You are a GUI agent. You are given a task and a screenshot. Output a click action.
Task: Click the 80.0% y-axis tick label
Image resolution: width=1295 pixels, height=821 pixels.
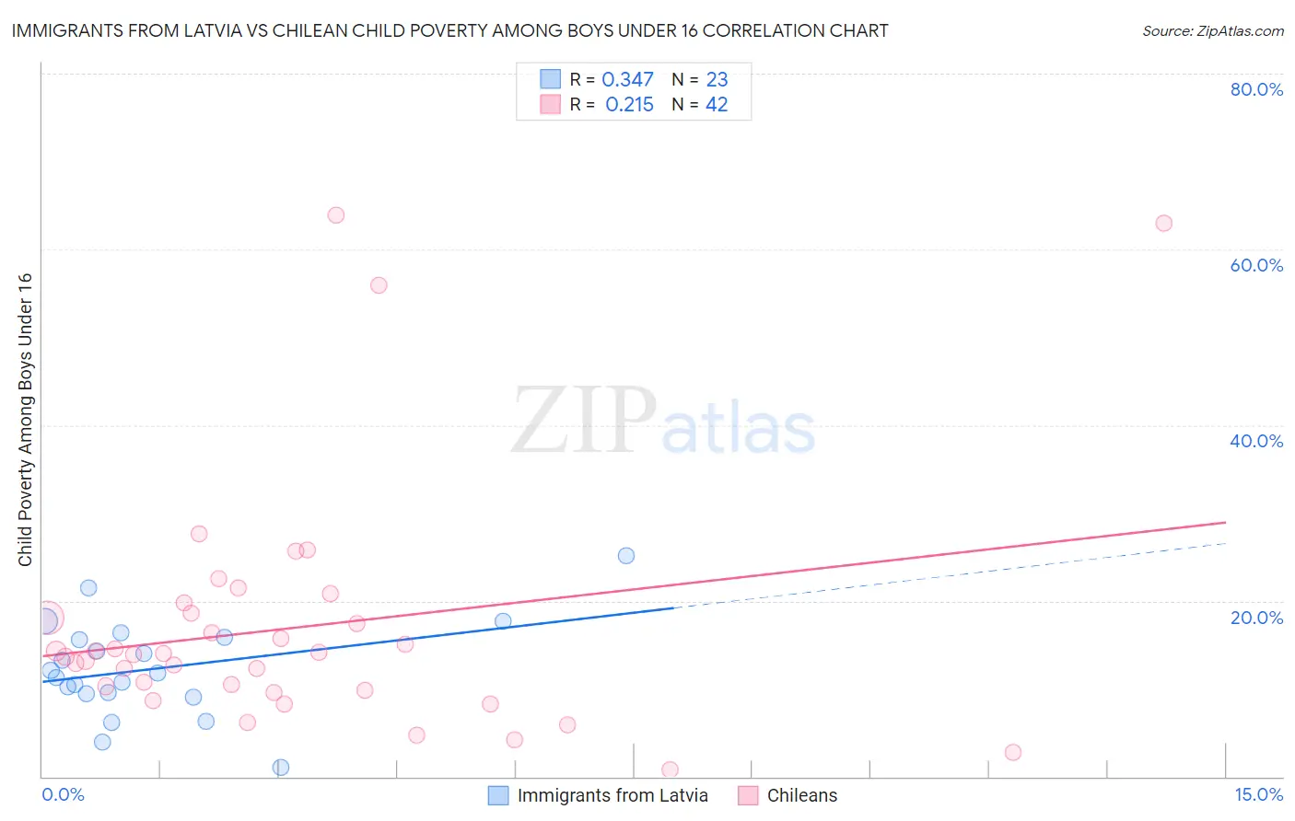tap(1256, 89)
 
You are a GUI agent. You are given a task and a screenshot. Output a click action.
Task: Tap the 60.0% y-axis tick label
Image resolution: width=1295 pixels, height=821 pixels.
tap(1256, 265)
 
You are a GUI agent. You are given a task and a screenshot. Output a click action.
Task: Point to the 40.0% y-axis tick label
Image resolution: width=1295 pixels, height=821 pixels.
tap(1256, 441)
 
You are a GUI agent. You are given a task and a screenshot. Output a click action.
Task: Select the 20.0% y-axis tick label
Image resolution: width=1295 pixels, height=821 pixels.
tap(1256, 618)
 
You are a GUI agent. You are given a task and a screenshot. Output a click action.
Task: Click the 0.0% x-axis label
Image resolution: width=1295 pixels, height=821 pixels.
tap(63, 794)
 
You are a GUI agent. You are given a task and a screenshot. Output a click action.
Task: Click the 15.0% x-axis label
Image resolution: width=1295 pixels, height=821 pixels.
tap(1258, 794)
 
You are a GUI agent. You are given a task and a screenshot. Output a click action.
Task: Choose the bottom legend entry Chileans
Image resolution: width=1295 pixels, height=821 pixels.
tap(801, 795)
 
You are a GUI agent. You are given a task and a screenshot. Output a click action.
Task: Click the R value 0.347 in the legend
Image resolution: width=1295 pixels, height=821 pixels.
tap(627, 80)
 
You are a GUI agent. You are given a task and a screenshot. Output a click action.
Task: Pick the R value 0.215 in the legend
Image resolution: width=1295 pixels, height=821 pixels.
tap(629, 105)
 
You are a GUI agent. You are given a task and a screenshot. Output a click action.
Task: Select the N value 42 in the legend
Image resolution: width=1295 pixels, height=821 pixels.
tap(717, 105)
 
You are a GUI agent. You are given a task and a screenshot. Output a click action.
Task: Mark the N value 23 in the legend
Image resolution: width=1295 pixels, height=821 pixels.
tap(717, 80)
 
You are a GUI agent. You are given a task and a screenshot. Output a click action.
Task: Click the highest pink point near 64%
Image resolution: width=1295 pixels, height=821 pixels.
tap(336, 215)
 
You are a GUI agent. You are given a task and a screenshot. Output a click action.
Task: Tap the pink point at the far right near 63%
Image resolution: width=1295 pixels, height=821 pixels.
tap(1163, 224)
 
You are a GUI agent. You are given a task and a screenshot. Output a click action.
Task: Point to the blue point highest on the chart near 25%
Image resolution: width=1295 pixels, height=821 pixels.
tap(626, 556)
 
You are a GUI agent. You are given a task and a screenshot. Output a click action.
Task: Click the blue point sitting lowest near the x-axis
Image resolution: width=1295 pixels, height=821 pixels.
tap(281, 768)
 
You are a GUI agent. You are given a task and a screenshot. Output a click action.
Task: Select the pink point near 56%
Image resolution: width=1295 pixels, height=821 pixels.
tap(379, 285)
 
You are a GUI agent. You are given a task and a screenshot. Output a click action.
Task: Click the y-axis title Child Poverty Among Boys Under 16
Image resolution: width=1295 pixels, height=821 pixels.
tap(25, 420)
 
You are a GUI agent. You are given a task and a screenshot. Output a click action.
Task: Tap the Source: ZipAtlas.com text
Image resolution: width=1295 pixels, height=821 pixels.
tap(1212, 31)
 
